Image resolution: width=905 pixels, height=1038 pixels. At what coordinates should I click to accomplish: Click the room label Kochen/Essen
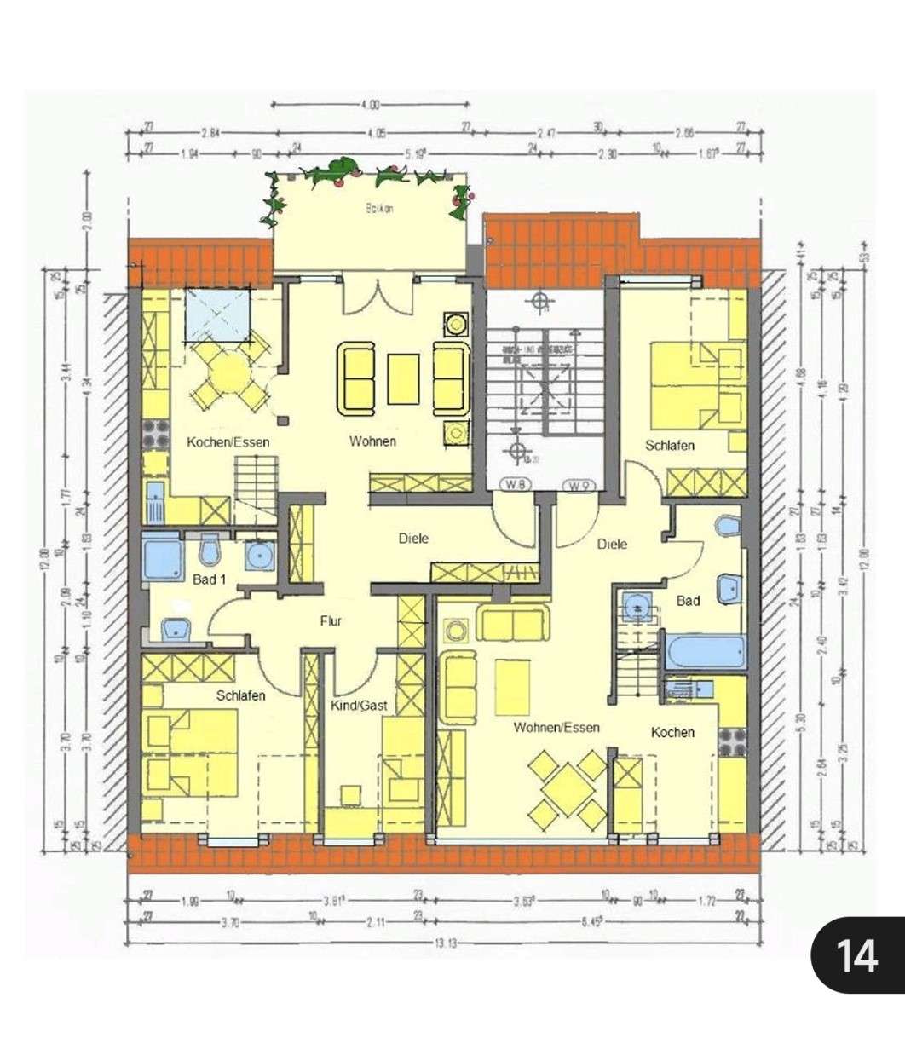point(228,441)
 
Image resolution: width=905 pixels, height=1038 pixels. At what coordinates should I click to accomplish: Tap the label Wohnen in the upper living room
point(372,441)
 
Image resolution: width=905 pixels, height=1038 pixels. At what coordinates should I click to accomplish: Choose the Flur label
point(331,621)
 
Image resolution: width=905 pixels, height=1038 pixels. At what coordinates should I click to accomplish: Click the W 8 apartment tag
point(512,487)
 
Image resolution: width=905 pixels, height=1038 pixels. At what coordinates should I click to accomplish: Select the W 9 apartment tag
point(578,487)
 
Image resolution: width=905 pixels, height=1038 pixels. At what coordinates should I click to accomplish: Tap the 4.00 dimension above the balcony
point(369,105)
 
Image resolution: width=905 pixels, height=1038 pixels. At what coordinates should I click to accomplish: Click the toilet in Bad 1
point(209,551)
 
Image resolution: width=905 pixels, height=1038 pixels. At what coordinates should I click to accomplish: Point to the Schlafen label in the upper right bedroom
point(669,445)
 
